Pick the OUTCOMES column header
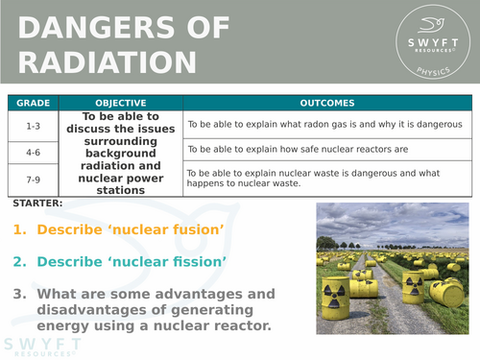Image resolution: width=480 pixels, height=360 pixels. point(326,103)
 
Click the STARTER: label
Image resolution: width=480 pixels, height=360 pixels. point(39,204)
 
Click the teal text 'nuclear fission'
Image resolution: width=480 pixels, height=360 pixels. point(173,262)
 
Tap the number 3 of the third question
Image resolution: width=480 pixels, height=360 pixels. point(19,294)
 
